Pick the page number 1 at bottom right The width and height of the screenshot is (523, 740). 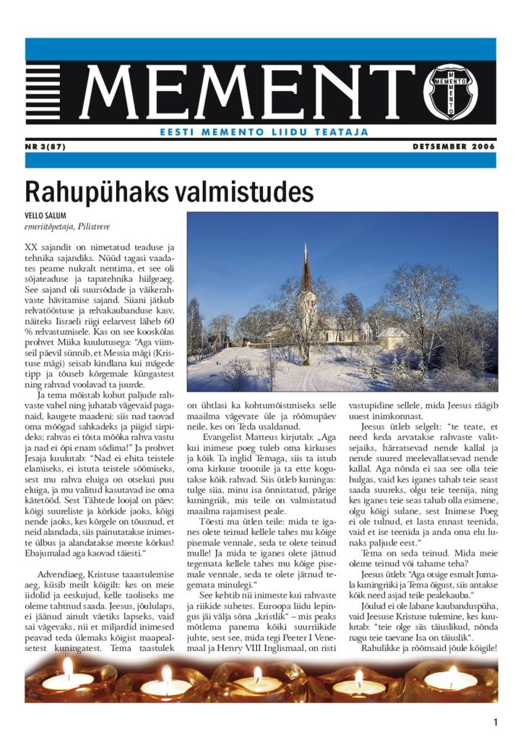(x=496, y=721)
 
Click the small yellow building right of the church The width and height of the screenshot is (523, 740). (x=390, y=337)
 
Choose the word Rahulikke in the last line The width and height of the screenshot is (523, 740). (x=385, y=647)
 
